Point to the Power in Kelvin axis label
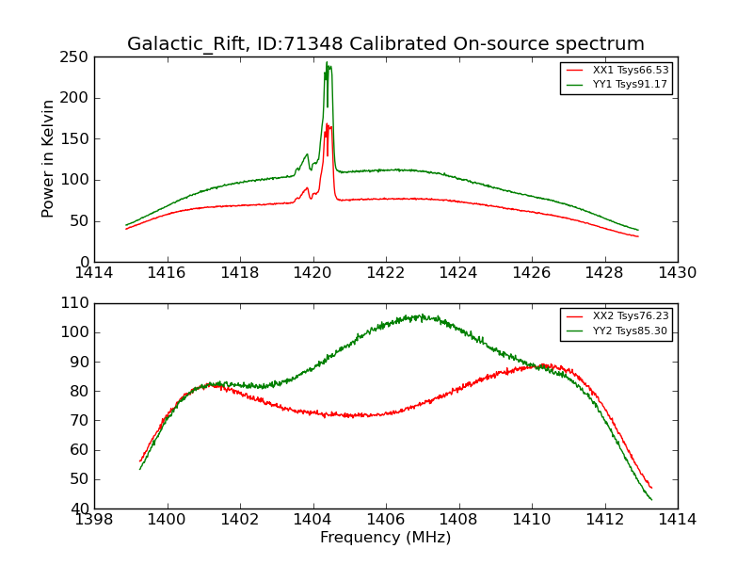tap(49, 158)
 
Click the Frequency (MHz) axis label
tap(385, 538)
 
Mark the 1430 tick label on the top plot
tap(677, 273)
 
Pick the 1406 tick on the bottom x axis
tap(385, 519)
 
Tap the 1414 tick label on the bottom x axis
tap(677, 519)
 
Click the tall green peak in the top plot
tap(328, 63)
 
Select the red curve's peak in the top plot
tap(328, 124)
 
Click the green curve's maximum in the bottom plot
tap(421, 315)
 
